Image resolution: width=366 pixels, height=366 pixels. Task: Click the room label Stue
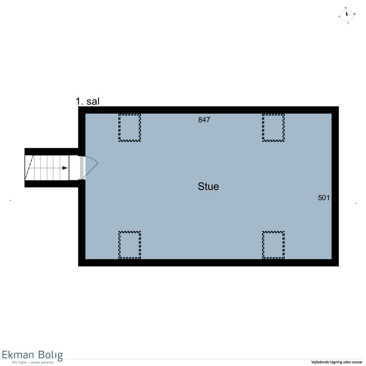tap(208, 186)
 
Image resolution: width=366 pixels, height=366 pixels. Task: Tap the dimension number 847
tap(204, 120)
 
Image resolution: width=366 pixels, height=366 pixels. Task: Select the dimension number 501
tap(324, 198)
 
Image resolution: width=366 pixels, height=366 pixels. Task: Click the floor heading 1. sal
tap(87, 101)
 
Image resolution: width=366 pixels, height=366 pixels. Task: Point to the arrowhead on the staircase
tap(65, 168)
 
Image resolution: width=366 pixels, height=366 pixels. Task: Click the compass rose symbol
tap(346, 15)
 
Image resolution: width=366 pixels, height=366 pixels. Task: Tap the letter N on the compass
tap(346, 8)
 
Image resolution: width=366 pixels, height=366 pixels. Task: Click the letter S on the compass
tap(348, 23)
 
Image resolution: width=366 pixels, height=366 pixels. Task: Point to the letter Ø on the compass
tap(354, 14)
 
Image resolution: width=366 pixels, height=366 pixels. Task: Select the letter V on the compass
tap(339, 17)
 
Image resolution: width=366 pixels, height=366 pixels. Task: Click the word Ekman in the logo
tap(18, 355)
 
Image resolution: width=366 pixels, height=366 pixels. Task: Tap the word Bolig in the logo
tap(50, 355)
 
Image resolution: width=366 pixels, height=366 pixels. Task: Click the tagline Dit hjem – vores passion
tap(33, 362)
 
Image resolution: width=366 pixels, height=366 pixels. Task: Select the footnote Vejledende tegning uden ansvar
tap(337, 362)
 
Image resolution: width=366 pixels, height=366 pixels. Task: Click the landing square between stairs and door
tap(75, 167)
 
